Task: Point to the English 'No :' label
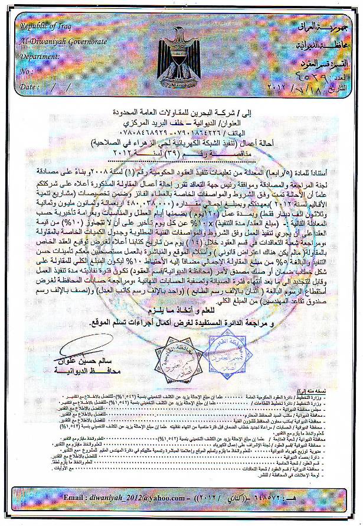(x=27, y=72)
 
